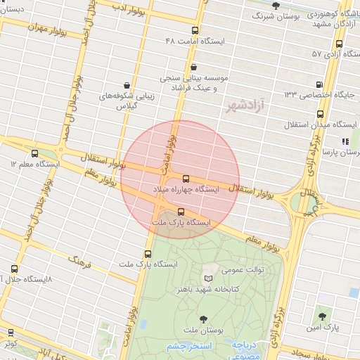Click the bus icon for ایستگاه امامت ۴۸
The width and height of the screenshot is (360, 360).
coord(194,30)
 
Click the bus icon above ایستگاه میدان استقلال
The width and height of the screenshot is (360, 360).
coord(320,113)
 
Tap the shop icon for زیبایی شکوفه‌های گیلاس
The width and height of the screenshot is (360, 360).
coord(127,84)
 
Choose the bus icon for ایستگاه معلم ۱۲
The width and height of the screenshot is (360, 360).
coord(35,153)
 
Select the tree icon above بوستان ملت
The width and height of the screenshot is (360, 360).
coord(204,319)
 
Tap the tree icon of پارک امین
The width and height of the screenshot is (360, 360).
coord(321,316)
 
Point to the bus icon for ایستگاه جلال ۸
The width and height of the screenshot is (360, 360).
coord(15,269)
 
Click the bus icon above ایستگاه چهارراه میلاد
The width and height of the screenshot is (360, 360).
coord(186,179)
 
